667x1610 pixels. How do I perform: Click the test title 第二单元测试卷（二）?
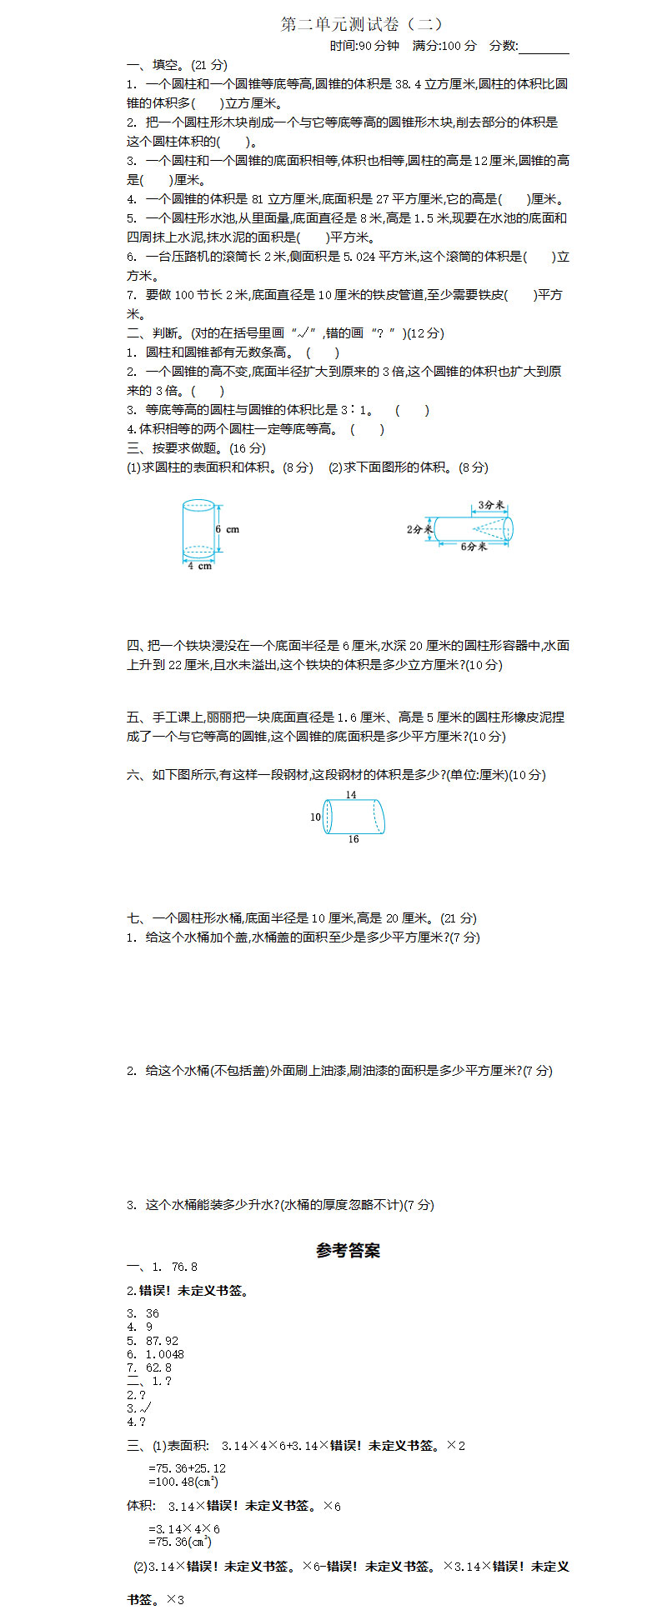pyautogui.click(x=362, y=25)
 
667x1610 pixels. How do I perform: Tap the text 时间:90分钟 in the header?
pyautogui.click(x=364, y=46)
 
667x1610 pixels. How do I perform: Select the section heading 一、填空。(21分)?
pyautogui.click(x=177, y=65)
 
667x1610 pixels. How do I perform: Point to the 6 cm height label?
pyautogui.click(x=227, y=529)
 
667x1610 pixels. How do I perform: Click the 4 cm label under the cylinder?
pyautogui.click(x=199, y=567)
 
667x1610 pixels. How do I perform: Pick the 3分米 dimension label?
pyautogui.click(x=492, y=505)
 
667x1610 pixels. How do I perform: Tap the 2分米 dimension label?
pyautogui.click(x=419, y=529)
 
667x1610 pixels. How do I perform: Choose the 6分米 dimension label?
pyautogui.click(x=474, y=547)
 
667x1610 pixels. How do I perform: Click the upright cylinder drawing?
pyautogui.click(x=198, y=529)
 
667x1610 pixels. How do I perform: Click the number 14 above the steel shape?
pyautogui.click(x=351, y=795)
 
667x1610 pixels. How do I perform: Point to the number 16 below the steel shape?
pyautogui.click(x=354, y=839)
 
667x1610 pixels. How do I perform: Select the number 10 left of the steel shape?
pyautogui.click(x=315, y=817)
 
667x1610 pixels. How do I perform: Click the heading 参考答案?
pyautogui.click(x=349, y=1251)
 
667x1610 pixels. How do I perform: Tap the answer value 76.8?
pyautogui.click(x=184, y=1267)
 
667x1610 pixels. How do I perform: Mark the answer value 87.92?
pyautogui.click(x=162, y=1341)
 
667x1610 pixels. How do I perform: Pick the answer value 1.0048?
pyautogui.click(x=165, y=1354)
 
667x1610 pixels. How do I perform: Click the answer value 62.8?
pyautogui.click(x=158, y=1367)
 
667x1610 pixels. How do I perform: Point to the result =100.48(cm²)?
pyautogui.click(x=183, y=1482)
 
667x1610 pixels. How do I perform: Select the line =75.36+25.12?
pyautogui.click(x=187, y=1468)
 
